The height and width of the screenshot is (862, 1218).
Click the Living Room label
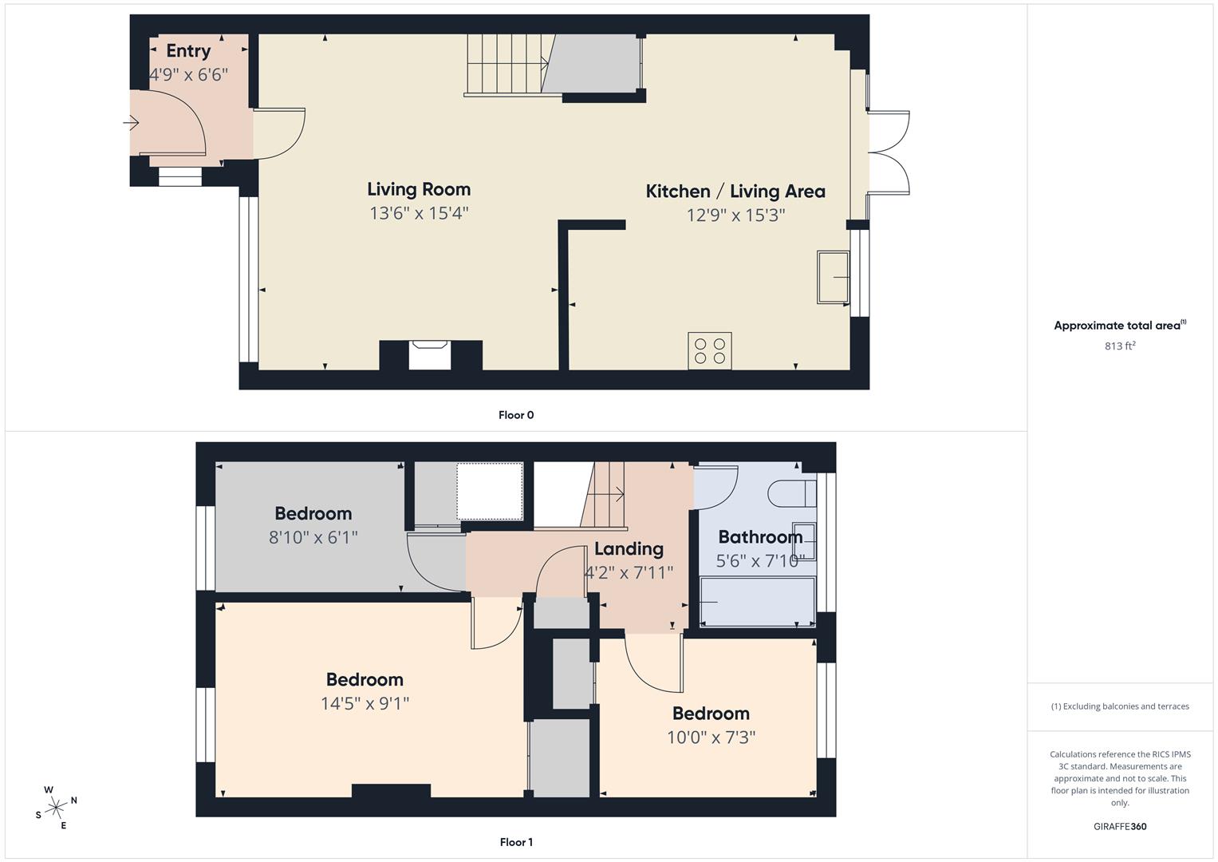coord(419,189)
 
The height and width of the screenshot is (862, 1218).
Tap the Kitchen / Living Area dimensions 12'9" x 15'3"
coord(735,215)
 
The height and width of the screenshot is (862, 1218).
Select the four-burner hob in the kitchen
coord(710,351)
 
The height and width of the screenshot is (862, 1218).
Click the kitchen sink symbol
coord(833,277)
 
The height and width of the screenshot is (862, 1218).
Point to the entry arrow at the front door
coord(131,123)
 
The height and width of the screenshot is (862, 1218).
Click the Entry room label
coord(188,50)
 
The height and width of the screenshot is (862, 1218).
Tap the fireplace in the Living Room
coord(430,354)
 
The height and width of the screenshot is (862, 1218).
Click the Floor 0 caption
coord(516,415)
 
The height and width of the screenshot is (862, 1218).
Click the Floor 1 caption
coord(516,842)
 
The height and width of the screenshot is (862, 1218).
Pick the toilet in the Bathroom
coord(791,493)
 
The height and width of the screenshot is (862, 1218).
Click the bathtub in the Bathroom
coord(756,602)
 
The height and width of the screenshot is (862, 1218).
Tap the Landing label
coord(629,548)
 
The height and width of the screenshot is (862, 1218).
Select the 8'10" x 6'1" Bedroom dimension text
coord(313,537)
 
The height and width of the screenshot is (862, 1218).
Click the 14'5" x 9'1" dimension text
coord(365,703)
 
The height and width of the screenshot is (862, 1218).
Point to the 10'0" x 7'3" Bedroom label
coord(711,713)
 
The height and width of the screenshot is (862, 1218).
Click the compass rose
coord(57,807)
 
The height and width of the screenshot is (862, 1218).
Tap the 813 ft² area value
coord(1120,346)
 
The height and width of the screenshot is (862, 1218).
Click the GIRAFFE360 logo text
coord(1120,827)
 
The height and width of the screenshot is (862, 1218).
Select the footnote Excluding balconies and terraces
coord(1120,706)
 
